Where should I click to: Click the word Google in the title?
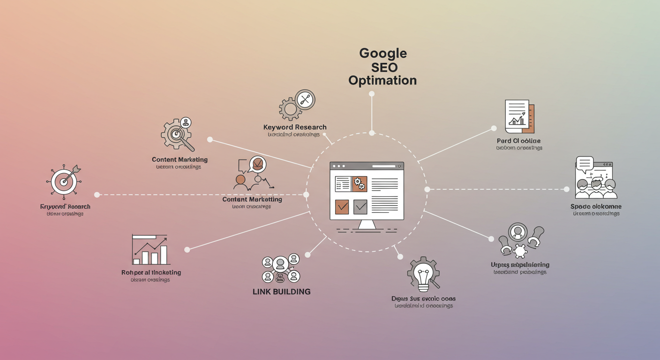[383, 53]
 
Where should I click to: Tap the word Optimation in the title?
[382, 80]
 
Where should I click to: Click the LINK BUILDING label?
[281, 292]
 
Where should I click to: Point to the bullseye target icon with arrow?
[65, 180]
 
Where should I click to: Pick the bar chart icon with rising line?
[150, 250]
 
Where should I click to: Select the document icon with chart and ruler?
[519, 116]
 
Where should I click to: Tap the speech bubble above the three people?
[585, 164]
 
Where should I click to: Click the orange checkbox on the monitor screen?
[342, 207]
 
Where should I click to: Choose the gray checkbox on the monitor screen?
[360, 207]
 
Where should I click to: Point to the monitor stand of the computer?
[367, 225]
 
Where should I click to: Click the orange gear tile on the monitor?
[360, 184]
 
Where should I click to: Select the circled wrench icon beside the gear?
[305, 99]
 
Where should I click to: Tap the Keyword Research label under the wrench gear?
[295, 127]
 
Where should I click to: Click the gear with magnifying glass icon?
[177, 134]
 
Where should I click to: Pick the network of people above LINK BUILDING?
[280, 268]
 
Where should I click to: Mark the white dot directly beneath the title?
[372, 94]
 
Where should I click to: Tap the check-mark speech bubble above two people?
[257, 165]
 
